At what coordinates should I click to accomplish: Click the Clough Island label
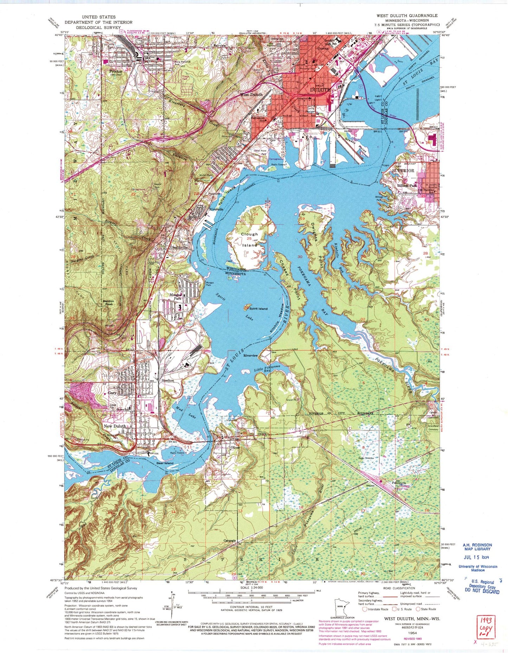click(249, 239)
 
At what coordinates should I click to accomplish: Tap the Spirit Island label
click(258, 308)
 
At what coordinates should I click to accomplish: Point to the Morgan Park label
click(176, 297)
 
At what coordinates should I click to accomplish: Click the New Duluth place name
click(115, 426)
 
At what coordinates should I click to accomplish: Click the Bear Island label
click(165, 463)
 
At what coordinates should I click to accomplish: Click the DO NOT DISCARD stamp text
click(482, 591)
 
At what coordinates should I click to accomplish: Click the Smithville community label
click(179, 247)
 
